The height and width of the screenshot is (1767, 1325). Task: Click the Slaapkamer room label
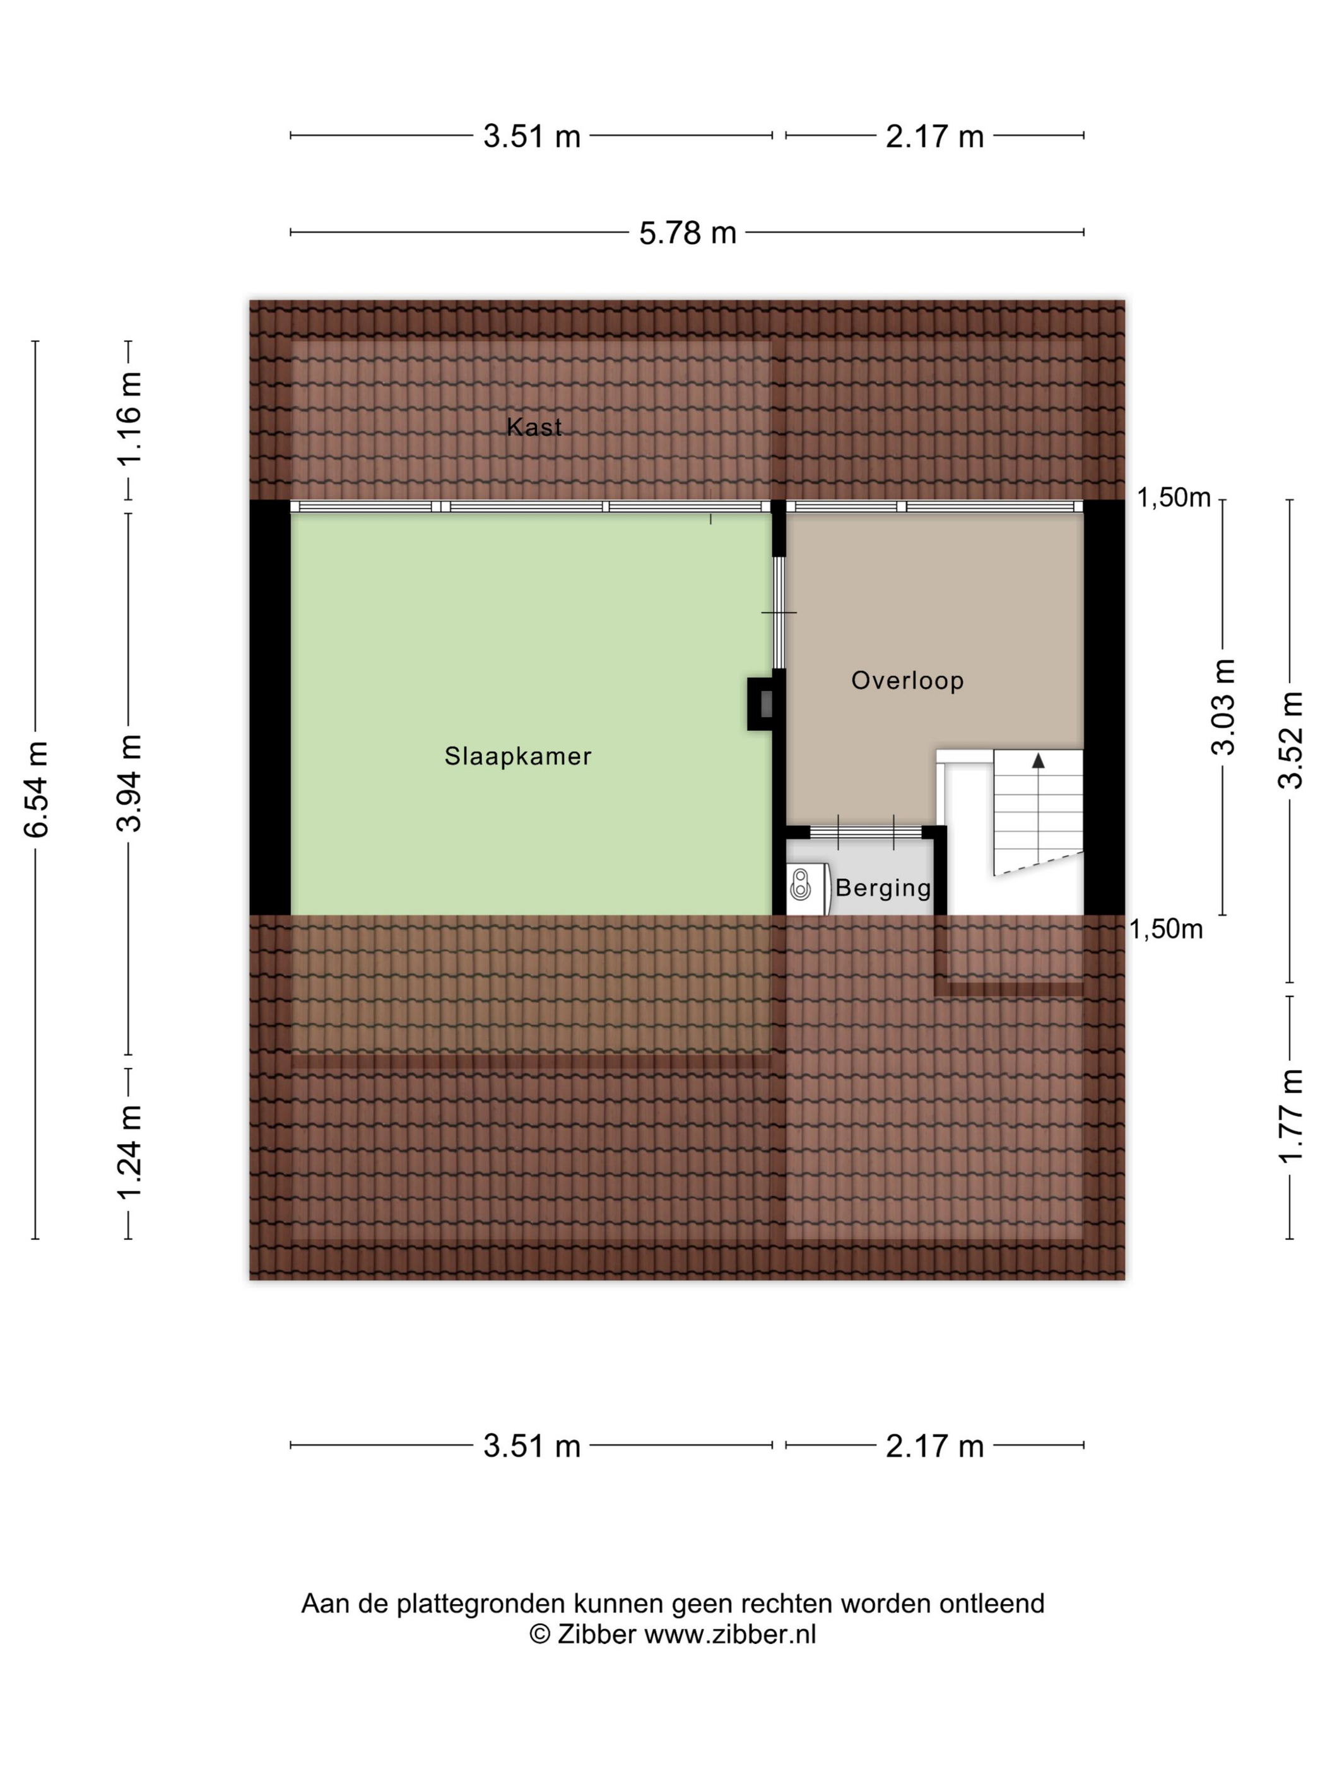[517, 755]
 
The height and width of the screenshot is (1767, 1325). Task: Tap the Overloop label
[907, 680]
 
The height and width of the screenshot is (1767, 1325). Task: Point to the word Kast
[534, 427]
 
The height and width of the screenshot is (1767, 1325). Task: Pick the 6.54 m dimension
[37, 789]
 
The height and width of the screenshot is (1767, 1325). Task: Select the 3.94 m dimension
[129, 783]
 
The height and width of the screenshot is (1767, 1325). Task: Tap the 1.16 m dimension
[129, 418]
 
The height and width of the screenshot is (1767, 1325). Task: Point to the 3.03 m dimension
[1223, 707]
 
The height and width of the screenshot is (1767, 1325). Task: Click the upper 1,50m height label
[1173, 498]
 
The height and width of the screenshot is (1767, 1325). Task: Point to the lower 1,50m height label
[1165, 929]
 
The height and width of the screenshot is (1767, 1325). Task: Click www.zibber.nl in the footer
[730, 1634]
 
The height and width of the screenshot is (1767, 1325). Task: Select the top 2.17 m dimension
[934, 136]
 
